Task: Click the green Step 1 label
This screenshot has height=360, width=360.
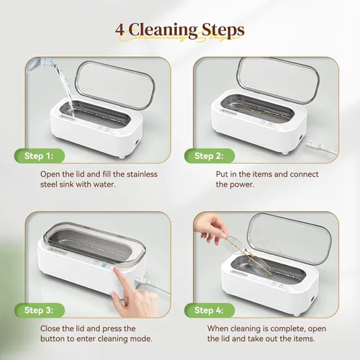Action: [40, 156]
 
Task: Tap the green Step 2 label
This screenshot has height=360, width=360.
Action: [210, 156]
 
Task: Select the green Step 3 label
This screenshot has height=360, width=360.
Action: [40, 310]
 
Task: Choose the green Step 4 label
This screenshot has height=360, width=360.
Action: [210, 310]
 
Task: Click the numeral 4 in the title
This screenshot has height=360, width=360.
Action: [120, 30]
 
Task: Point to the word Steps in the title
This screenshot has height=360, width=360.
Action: [223, 30]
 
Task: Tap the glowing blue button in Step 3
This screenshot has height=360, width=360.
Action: [104, 266]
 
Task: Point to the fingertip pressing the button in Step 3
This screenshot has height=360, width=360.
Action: [116, 271]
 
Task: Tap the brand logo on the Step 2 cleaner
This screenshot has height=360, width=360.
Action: [228, 113]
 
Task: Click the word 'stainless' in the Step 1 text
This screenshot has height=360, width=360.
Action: [142, 174]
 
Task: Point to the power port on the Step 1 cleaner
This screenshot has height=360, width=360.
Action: [137, 143]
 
